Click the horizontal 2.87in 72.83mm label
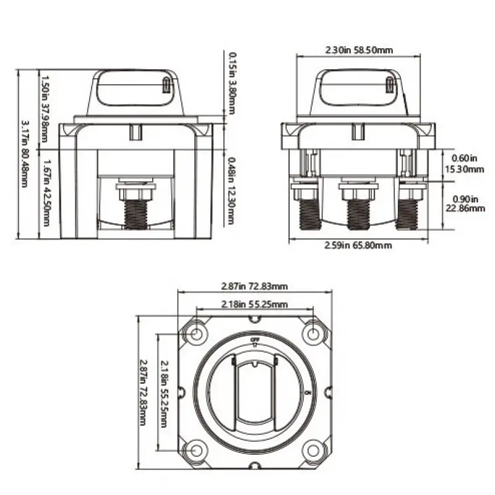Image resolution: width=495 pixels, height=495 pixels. (255, 286)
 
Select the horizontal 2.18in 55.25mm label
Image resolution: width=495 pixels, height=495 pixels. (255, 304)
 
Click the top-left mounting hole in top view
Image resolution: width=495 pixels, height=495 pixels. (196, 335)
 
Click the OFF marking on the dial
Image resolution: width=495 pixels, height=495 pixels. (255, 341)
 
